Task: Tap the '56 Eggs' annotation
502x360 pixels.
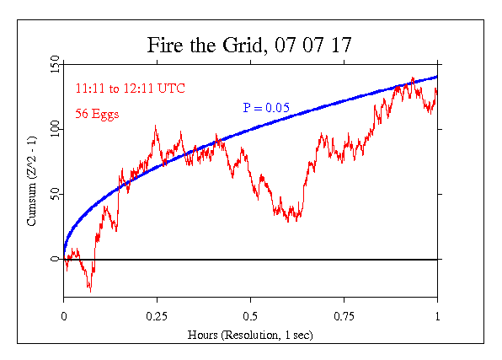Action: (x=98, y=114)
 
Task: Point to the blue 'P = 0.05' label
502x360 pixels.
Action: (x=266, y=107)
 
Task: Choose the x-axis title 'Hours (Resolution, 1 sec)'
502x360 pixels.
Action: (x=250, y=335)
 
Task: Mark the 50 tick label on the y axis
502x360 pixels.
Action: (x=54, y=194)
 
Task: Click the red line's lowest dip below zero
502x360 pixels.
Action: (x=89, y=290)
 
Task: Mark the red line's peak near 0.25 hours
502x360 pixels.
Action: (x=156, y=126)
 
